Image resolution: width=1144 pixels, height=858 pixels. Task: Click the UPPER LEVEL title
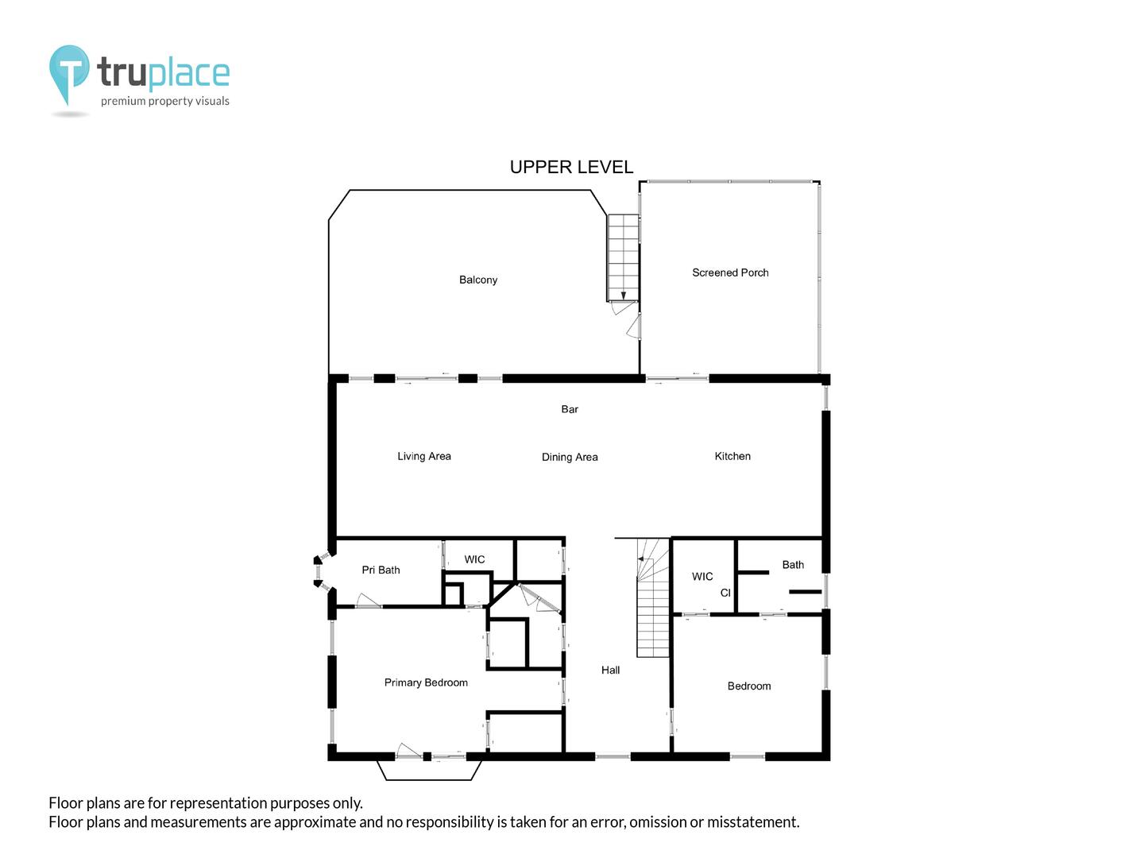(x=571, y=167)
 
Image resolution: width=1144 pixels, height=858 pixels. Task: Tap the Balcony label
(x=478, y=280)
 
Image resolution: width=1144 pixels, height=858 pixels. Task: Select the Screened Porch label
(x=729, y=272)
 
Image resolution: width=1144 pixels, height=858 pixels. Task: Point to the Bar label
(x=569, y=409)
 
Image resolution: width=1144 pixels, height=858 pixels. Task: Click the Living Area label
(x=423, y=456)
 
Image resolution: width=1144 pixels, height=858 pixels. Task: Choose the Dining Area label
(x=569, y=457)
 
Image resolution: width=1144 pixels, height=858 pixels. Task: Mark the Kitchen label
(x=732, y=456)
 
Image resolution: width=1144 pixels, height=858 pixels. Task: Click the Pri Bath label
(x=381, y=570)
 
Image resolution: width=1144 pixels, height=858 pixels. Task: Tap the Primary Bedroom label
(x=425, y=682)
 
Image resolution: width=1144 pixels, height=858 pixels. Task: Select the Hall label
(x=610, y=670)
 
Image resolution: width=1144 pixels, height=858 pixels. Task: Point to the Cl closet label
(x=725, y=593)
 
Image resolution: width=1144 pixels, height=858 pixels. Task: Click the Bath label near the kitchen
(x=793, y=565)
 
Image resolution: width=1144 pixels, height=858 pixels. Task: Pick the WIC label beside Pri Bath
(x=474, y=559)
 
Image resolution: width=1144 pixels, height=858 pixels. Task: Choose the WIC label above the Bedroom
(x=702, y=577)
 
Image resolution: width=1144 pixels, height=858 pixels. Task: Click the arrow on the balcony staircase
(x=623, y=296)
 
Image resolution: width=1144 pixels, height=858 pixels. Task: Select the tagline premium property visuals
(x=164, y=101)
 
